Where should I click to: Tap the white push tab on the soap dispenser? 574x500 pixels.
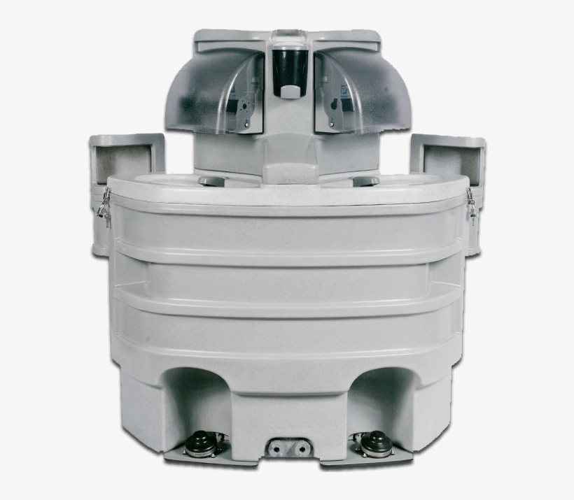coord(288,90)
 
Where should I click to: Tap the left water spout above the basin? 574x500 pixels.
coord(211,182)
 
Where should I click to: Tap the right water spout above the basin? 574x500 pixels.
coord(365,182)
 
